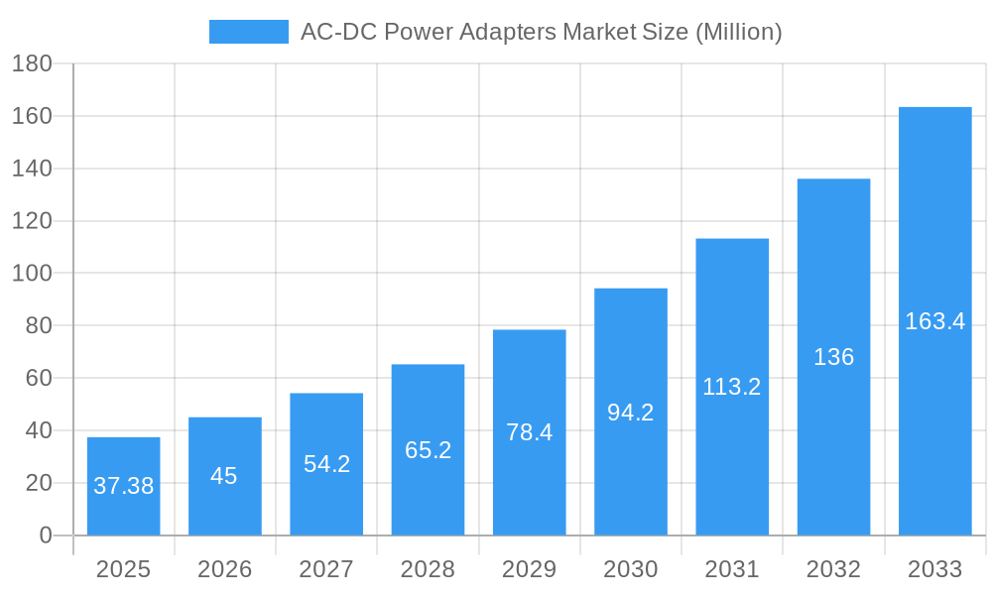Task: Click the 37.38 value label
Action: click(123, 486)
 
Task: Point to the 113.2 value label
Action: click(732, 387)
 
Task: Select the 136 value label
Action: click(833, 357)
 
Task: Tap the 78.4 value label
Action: click(529, 432)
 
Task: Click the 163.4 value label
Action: click(934, 321)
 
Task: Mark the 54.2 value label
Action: click(326, 463)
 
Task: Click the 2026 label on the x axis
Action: click(224, 569)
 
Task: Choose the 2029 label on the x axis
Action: click(529, 569)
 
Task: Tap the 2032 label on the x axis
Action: click(833, 569)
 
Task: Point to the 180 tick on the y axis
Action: click(32, 63)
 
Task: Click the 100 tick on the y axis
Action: click(32, 273)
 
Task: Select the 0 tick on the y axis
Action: click(45, 535)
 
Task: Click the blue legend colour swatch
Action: click(248, 32)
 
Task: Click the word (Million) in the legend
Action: click(738, 32)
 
